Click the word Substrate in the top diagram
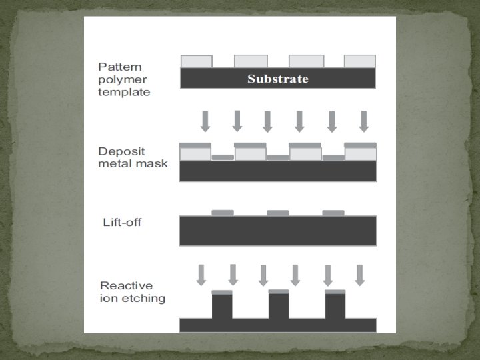(278, 79)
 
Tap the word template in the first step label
(124, 92)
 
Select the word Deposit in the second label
(119, 151)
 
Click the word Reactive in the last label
(124, 286)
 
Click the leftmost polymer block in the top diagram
(197, 61)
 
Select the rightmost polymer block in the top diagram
(360, 61)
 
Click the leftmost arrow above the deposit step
(205, 121)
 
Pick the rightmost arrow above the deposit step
(363, 121)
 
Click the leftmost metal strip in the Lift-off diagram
(223, 213)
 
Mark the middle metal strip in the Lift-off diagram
(278, 213)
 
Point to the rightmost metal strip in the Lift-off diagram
(333, 213)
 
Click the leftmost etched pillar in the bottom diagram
(222, 307)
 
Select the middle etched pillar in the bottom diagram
(279, 307)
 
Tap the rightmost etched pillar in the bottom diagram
(335, 307)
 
